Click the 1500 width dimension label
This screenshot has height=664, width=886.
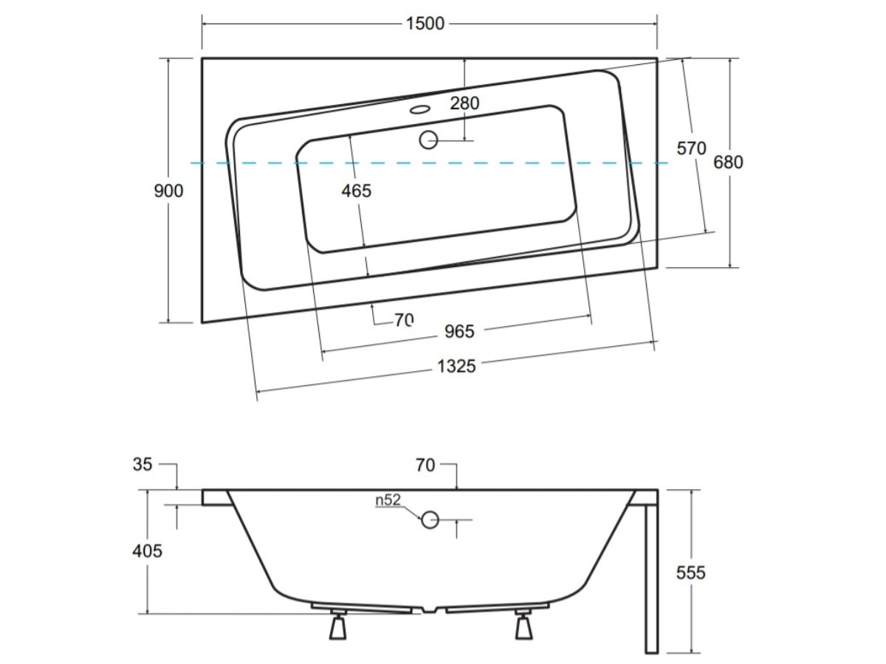pyautogui.click(x=425, y=24)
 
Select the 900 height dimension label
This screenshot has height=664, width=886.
pyautogui.click(x=168, y=190)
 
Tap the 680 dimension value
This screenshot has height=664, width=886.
pyautogui.click(x=728, y=162)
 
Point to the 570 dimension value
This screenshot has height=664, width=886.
pyautogui.click(x=691, y=148)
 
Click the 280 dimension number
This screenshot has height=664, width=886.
pyautogui.click(x=464, y=103)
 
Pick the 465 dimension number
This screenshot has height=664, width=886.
pyautogui.click(x=356, y=190)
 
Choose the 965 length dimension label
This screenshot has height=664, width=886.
pyautogui.click(x=459, y=331)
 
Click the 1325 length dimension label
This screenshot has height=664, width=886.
pyautogui.click(x=456, y=367)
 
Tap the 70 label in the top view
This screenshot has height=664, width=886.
pyautogui.click(x=404, y=320)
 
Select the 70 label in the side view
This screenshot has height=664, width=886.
pyautogui.click(x=425, y=466)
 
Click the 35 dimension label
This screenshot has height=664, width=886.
pyautogui.click(x=142, y=465)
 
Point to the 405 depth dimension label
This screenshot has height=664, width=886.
pyautogui.click(x=148, y=550)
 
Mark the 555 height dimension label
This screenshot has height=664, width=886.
pyautogui.click(x=690, y=573)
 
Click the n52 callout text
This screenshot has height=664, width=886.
pyautogui.click(x=388, y=500)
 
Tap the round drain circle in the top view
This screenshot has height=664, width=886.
pyautogui.click(x=428, y=140)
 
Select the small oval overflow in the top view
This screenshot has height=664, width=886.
pyautogui.click(x=420, y=109)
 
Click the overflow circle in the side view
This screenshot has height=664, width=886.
pyautogui.click(x=430, y=519)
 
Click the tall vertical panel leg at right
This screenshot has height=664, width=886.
pyautogui.click(x=651, y=578)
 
